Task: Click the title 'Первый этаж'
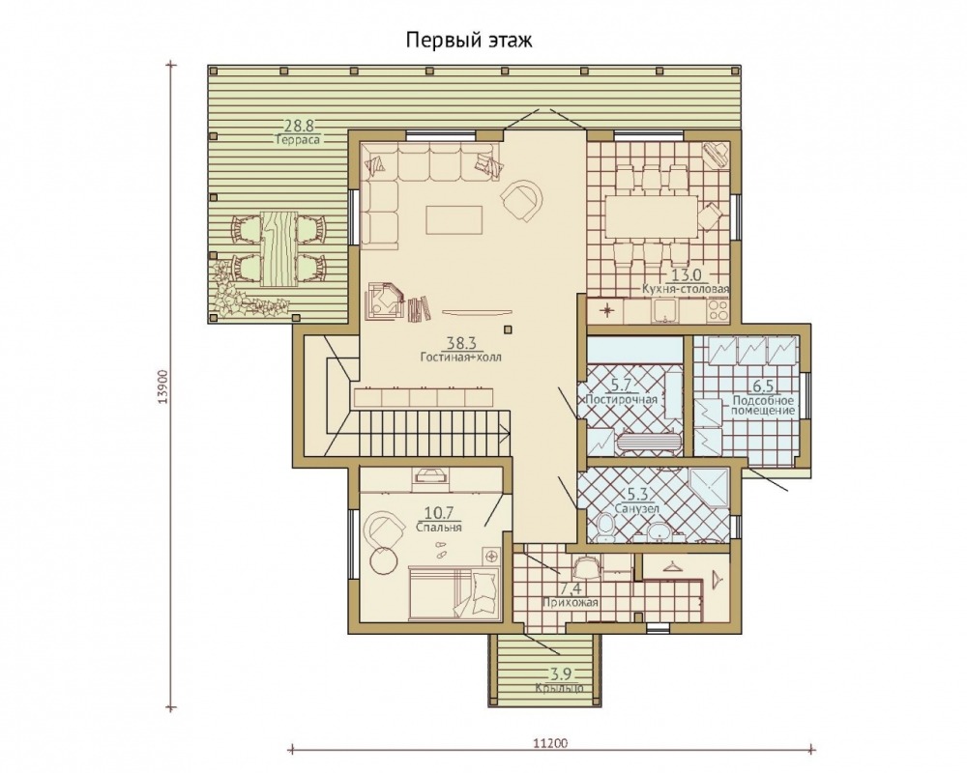469,41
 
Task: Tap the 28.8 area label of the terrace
299,126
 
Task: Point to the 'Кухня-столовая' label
686,289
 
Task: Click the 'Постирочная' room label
622,399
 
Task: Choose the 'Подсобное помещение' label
762,405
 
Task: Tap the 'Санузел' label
637,508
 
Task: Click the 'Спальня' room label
439,527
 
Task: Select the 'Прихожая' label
571,602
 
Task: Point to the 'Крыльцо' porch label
559,688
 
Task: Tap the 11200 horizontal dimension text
551,743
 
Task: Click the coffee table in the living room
454,218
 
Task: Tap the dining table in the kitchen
652,215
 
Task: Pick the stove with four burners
718,310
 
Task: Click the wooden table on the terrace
279,249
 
